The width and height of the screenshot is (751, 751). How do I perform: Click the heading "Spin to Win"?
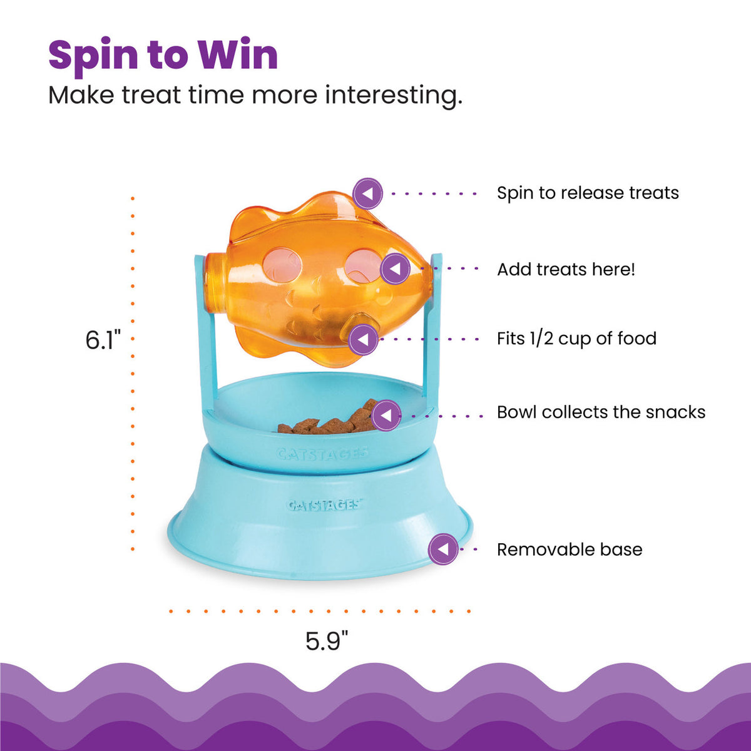pyautogui.click(x=163, y=55)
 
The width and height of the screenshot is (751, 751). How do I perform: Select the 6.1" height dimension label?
pyautogui.click(x=103, y=340)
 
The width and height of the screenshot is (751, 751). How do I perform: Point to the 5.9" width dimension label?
pyautogui.click(x=327, y=641)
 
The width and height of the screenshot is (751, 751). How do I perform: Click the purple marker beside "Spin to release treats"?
pyautogui.click(x=367, y=193)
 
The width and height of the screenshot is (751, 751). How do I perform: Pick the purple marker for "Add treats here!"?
pyautogui.click(x=395, y=270)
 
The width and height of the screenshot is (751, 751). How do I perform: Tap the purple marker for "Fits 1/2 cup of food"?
pyautogui.click(x=364, y=340)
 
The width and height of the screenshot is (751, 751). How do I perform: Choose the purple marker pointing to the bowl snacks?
pyautogui.click(x=386, y=415)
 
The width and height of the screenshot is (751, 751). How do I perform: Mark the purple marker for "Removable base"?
pyautogui.click(x=443, y=549)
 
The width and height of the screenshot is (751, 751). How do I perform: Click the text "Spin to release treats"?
pyautogui.click(x=588, y=193)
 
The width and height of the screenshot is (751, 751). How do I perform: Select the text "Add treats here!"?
pyautogui.click(x=566, y=270)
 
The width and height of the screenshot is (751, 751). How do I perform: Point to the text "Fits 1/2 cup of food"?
pyautogui.click(x=576, y=339)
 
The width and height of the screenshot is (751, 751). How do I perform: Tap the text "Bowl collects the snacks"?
pyautogui.click(x=601, y=412)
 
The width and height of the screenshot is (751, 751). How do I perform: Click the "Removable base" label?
pyautogui.click(x=570, y=549)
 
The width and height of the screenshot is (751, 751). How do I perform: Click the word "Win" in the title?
pyautogui.click(x=238, y=55)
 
